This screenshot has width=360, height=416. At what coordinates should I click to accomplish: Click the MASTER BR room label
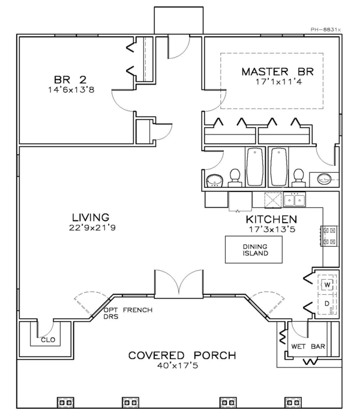(278, 71)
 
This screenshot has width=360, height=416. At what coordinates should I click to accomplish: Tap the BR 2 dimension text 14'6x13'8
(71, 90)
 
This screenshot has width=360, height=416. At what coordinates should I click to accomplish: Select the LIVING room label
(91, 217)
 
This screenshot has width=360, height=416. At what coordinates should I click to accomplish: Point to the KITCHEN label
(271, 220)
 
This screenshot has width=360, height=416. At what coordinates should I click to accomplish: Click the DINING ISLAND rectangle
(254, 250)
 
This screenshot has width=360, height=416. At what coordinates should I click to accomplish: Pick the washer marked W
(328, 285)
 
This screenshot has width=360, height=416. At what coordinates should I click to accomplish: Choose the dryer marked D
(328, 304)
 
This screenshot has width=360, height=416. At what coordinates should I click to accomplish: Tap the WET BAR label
(308, 346)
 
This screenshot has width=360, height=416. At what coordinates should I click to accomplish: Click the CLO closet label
(48, 340)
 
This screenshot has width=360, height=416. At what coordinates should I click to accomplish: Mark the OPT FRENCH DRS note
(128, 313)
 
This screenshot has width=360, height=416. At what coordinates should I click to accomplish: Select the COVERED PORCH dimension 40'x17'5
(178, 366)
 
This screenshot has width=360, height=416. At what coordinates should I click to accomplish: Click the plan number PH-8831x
(326, 30)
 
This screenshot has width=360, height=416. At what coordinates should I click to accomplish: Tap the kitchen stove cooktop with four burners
(330, 236)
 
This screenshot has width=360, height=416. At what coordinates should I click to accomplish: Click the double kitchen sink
(294, 199)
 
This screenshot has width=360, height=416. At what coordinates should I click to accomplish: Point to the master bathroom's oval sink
(324, 179)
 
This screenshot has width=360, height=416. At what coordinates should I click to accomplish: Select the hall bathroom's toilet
(235, 178)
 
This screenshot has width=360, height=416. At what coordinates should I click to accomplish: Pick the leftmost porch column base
(65, 402)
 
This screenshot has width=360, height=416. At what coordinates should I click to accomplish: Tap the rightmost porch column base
(293, 402)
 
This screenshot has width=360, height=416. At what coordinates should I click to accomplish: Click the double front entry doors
(179, 284)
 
